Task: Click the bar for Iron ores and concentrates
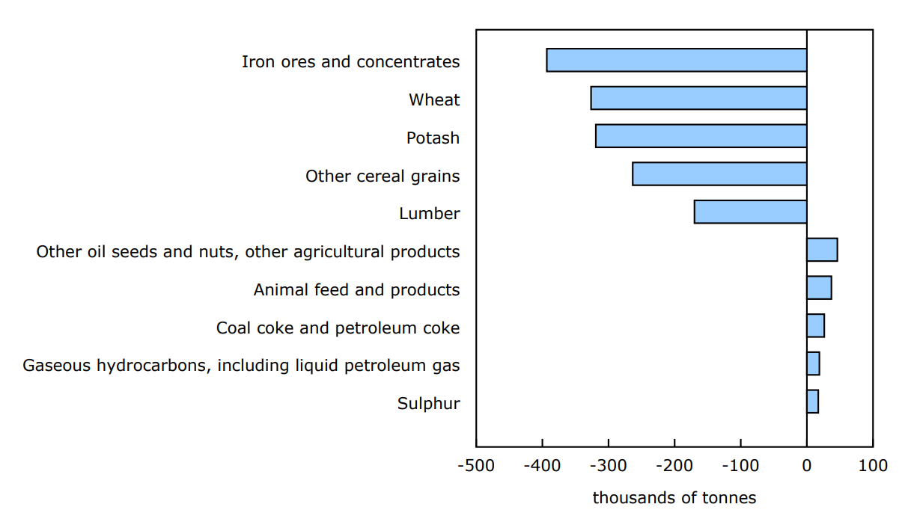677,60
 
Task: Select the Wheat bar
698,98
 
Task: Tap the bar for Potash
701,136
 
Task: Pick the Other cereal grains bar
719,174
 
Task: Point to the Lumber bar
750,212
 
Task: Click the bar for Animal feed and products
819,288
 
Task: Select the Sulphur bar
812,402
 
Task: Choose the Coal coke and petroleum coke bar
815,326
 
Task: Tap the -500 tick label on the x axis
476,466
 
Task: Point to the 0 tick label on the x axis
806,466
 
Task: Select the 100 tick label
873,466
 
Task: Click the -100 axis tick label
740,466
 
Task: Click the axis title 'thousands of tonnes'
674,498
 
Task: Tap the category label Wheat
434,100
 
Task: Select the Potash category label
433,138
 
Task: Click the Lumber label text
429,214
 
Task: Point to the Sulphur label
428,405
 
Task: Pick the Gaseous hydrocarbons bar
813,363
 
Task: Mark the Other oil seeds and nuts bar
822,250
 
